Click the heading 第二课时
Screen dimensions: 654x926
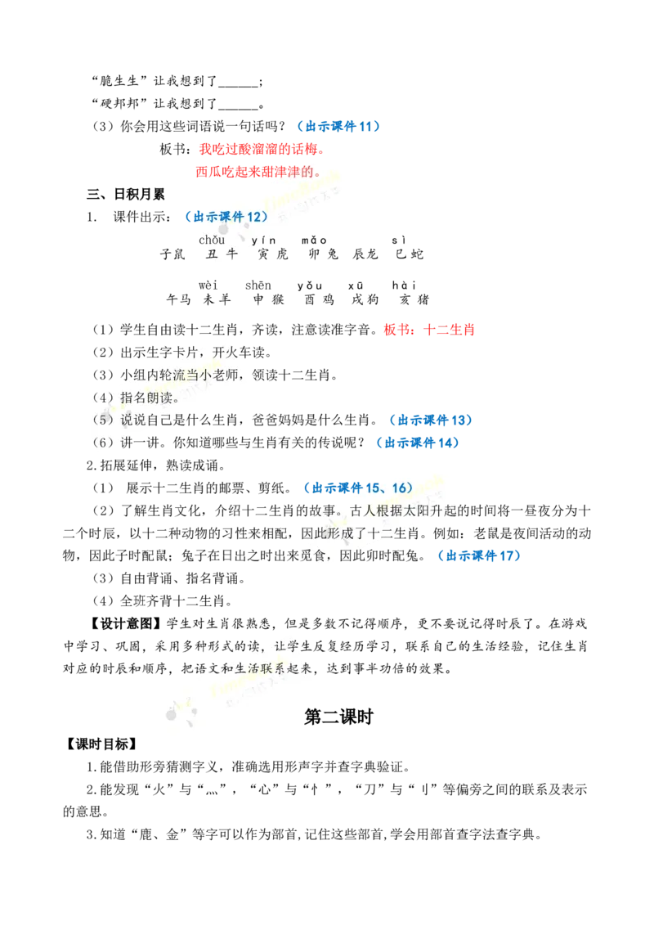(x=338, y=717)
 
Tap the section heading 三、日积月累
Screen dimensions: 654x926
(x=125, y=195)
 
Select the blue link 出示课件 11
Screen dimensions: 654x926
(x=338, y=126)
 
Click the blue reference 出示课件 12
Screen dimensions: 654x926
(x=226, y=217)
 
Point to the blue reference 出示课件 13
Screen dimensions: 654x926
(x=431, y=420)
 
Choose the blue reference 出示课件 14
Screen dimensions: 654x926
(x=418, y=443)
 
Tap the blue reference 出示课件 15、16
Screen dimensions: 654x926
(x=358, y=488)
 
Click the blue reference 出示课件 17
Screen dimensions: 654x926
(x=479, y=555)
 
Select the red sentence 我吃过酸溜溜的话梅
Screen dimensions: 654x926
(x=262, y=149)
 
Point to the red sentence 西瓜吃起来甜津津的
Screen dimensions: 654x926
(x=258, y=172)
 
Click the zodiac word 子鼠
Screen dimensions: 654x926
(x=172, y=254)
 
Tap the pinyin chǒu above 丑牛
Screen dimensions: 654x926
(x=211, y=240)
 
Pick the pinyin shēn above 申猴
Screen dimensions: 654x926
(x=258, y=285)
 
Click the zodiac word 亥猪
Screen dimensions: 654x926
(x=414, y=299)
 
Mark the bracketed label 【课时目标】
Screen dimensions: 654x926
(x=101, y=744)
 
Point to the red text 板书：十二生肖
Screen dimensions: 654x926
(x=429, y=330)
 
